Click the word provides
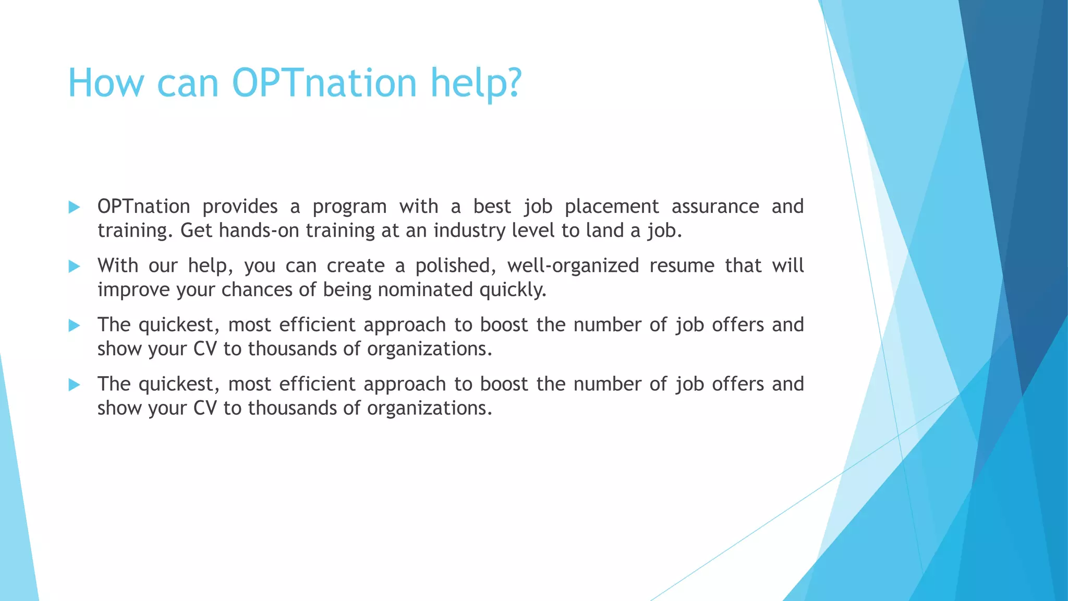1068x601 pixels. tap(240, 207)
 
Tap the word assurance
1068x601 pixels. tap(715, 207)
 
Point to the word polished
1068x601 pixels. tap(456, 266)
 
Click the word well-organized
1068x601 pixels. tap(573, 266)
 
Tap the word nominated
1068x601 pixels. tap(425, 290)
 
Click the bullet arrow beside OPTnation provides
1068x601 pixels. tap(74, 207)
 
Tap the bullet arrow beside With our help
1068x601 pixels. tap(74, 267)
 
